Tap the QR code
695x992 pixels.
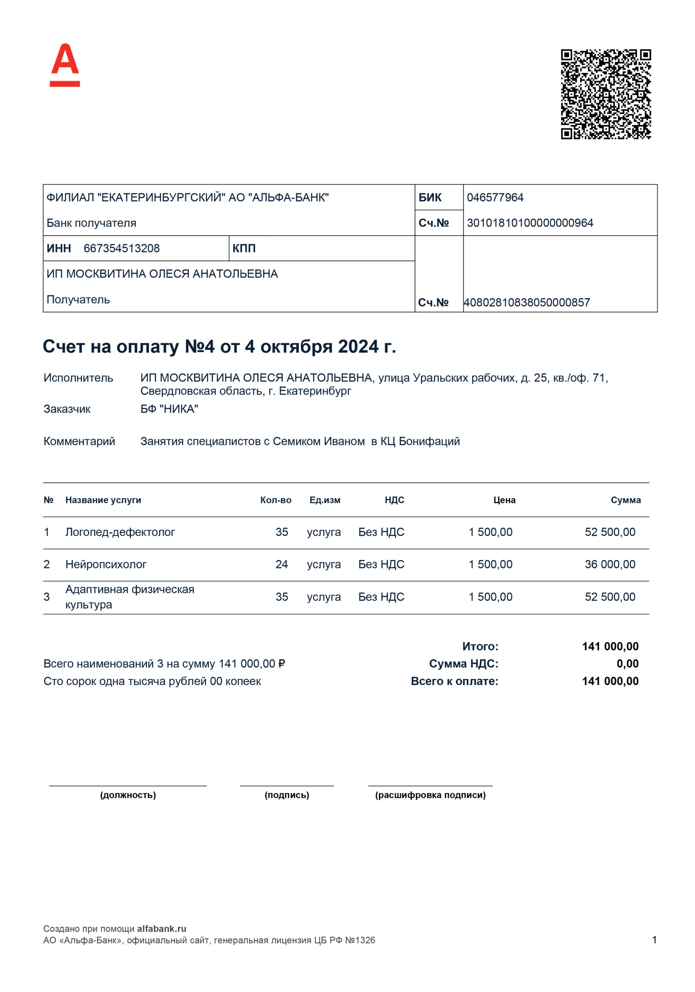pyautogui.click(x=605, y=94)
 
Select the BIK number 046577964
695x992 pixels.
pyautogui.click(x=495, y=198)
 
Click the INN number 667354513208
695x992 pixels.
pyautogui.click(x=121, y=248)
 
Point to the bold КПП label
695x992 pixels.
pyautogui.click(x=244, y=248)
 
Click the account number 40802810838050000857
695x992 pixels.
pyautogui.click(x=526, y=302)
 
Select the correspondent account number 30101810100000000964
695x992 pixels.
pyautogui.click(x=530, y=223)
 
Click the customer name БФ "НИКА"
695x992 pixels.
pyautogui.click(x=169, y=409)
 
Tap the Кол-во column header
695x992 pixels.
pyautogui.click(x=276, y=500)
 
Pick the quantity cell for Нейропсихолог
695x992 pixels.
pyautogui.click(x=282, y=564)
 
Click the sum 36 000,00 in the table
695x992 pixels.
pyautogui.click(x=610, y=564)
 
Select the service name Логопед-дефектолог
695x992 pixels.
pyautogui.click(x=120, y=532)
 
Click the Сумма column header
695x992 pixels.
pyautogui.click(x=625, y=500)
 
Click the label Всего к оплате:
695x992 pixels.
pyautogui.click(x=454, y=681)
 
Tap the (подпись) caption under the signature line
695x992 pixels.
pyautogui.click(x=287, y=795)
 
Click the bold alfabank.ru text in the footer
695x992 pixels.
pyautogui.click(x=162, y=928)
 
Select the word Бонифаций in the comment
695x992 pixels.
pyautogui.click(x=429, y=441)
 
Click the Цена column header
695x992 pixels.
pyautogui.click(x=504, y=500)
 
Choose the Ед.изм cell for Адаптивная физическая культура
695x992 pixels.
pyautogui.click(x=324, y=597)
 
